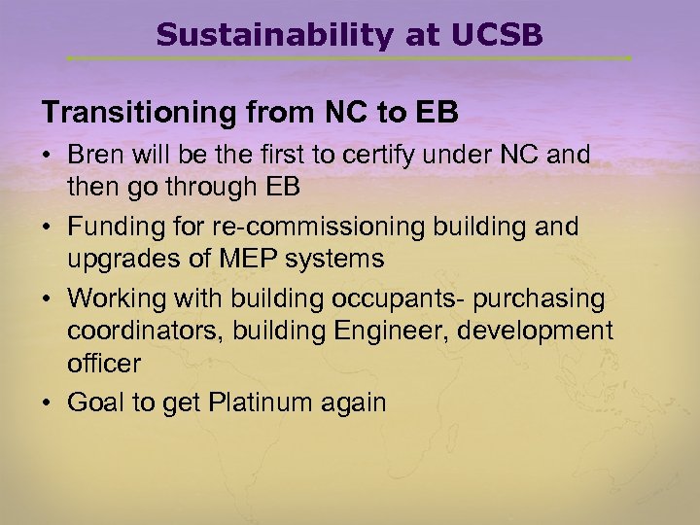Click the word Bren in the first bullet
[x=96, y=156]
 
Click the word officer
[x=104, y=364]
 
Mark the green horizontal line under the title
[x=350, y=58]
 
